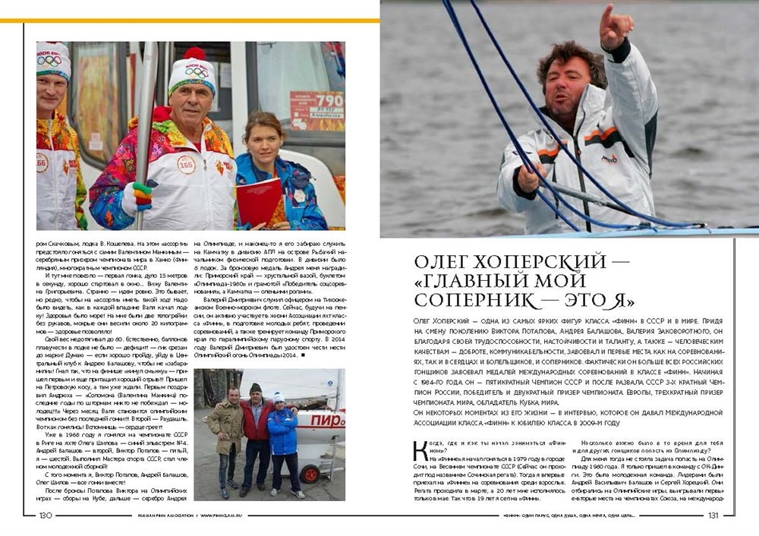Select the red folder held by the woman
click(258, 202)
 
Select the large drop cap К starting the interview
click(419, 451)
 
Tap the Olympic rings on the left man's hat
click(52, 61)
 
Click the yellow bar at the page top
click(190, 20)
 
